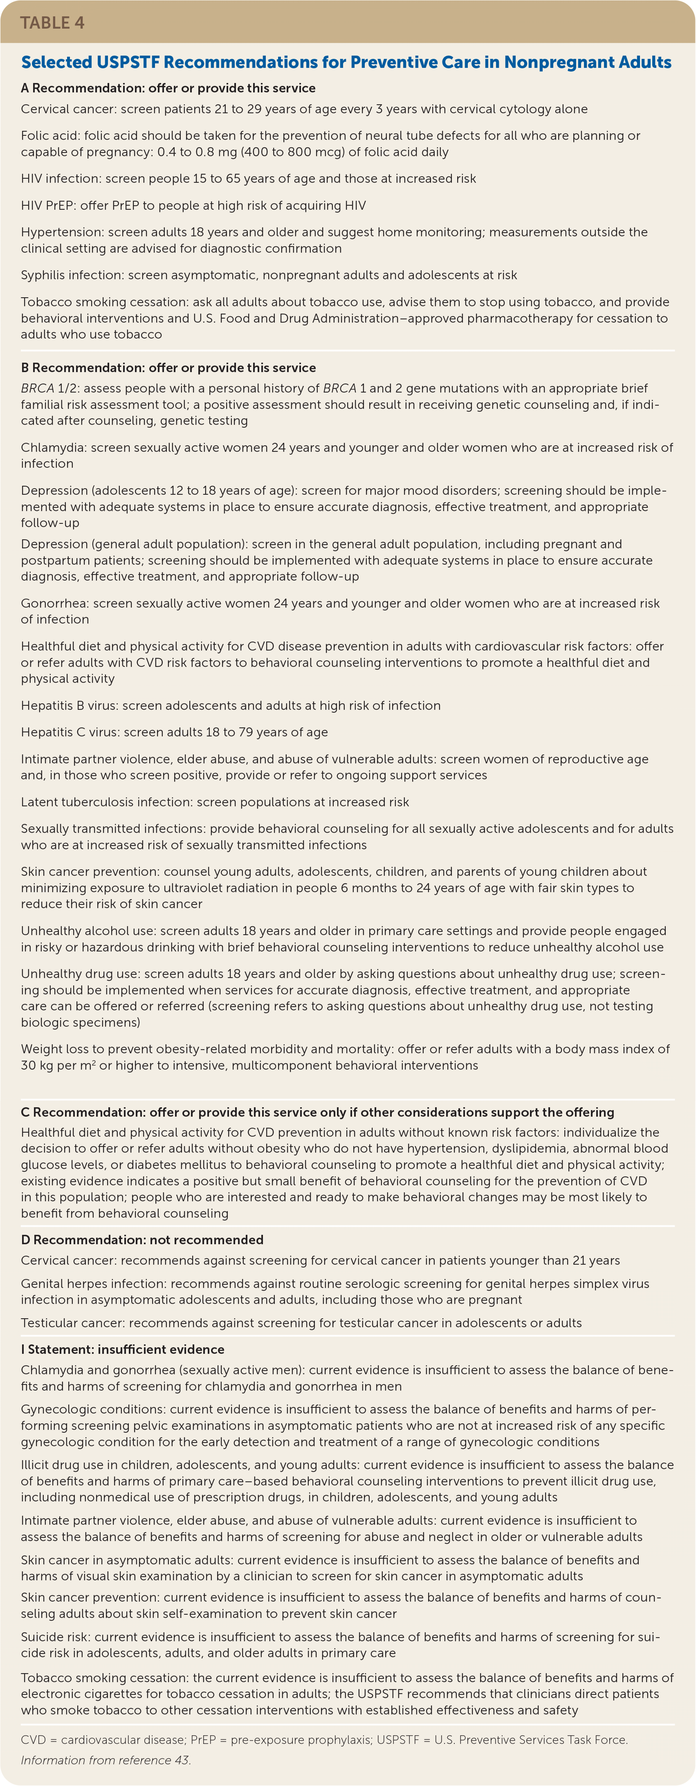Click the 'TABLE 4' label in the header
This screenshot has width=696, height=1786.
click(53, 23)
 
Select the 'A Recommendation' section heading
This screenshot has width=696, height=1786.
click(168, 88)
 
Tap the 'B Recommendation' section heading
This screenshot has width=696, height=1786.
click(168, 368)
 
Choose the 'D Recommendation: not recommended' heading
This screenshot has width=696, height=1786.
click(142, 1240)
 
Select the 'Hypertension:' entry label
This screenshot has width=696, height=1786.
click(63, 232)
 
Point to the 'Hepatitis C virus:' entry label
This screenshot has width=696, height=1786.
click(70, 732)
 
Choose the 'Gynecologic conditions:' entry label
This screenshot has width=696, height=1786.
click(94, 1409)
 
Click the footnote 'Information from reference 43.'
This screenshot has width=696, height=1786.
click(106, 1760)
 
